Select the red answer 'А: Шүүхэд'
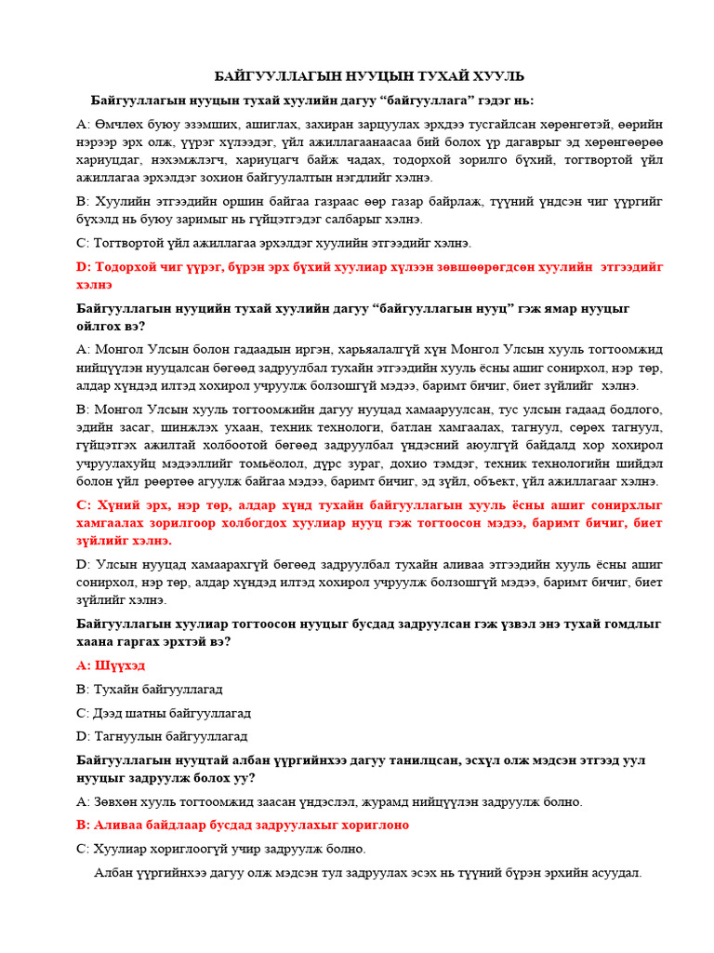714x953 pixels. point(110,665)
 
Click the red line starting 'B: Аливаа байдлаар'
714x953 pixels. point(242,825)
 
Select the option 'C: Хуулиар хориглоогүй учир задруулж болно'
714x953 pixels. point(220,849)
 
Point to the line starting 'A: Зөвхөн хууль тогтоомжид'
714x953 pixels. point(329,801)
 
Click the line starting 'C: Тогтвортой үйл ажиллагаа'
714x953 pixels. point(273,243)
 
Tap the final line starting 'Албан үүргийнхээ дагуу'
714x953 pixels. point(368,873)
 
